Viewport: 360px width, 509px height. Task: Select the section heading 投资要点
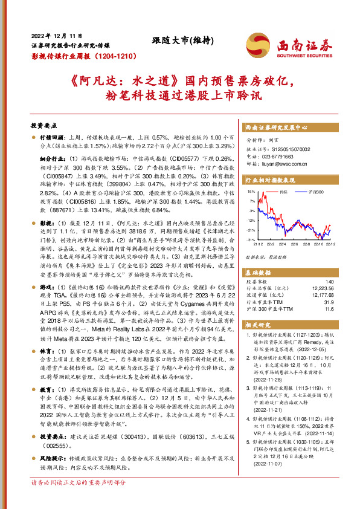pos(43,126)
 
